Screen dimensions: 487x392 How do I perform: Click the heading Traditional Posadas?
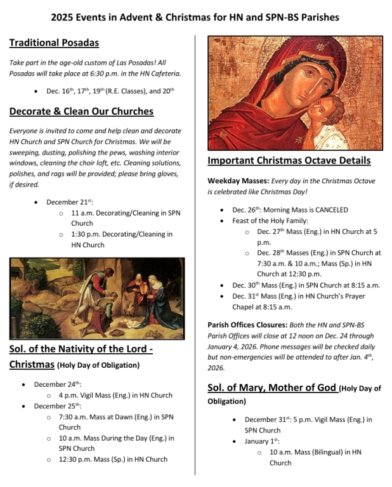(x=54, y=43)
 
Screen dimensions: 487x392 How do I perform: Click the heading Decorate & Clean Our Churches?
(x=81, y=112)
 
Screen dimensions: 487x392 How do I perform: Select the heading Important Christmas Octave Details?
(x=289, y=160)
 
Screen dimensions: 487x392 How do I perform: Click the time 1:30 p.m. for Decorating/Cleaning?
(x=87, y=234)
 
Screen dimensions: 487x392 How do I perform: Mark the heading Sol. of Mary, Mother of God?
(x=273, y=388)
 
